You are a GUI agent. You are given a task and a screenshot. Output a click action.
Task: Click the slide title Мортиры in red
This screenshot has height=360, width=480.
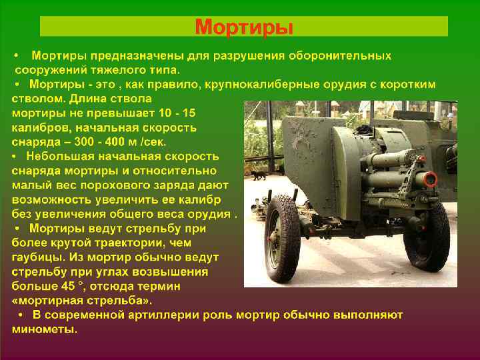(x=244, y=27)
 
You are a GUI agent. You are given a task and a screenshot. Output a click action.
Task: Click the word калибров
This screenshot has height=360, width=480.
(x=41, y=127)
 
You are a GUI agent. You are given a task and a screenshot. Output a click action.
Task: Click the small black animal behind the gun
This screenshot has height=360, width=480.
(x=257, y=175)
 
